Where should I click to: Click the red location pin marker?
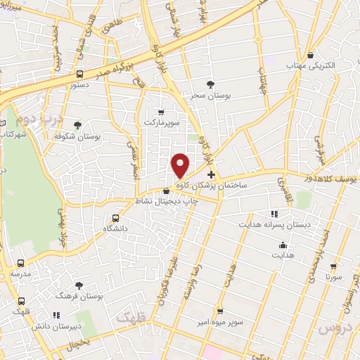pos(181,165)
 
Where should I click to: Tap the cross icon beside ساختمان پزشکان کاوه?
pos(211,174)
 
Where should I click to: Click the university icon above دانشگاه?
pos(116,218)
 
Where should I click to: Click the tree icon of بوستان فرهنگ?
pos(79,285)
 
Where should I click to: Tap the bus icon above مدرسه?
pos(20,263)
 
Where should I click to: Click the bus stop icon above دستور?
pos(79,73)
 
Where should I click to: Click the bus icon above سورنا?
pos(333,267)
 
